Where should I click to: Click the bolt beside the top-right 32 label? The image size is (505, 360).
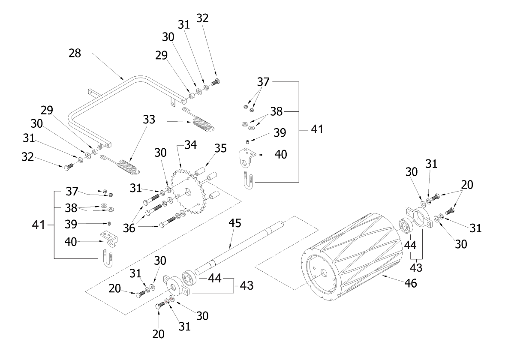pos(216,82)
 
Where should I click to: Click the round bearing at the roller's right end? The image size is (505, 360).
pos(404,226)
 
